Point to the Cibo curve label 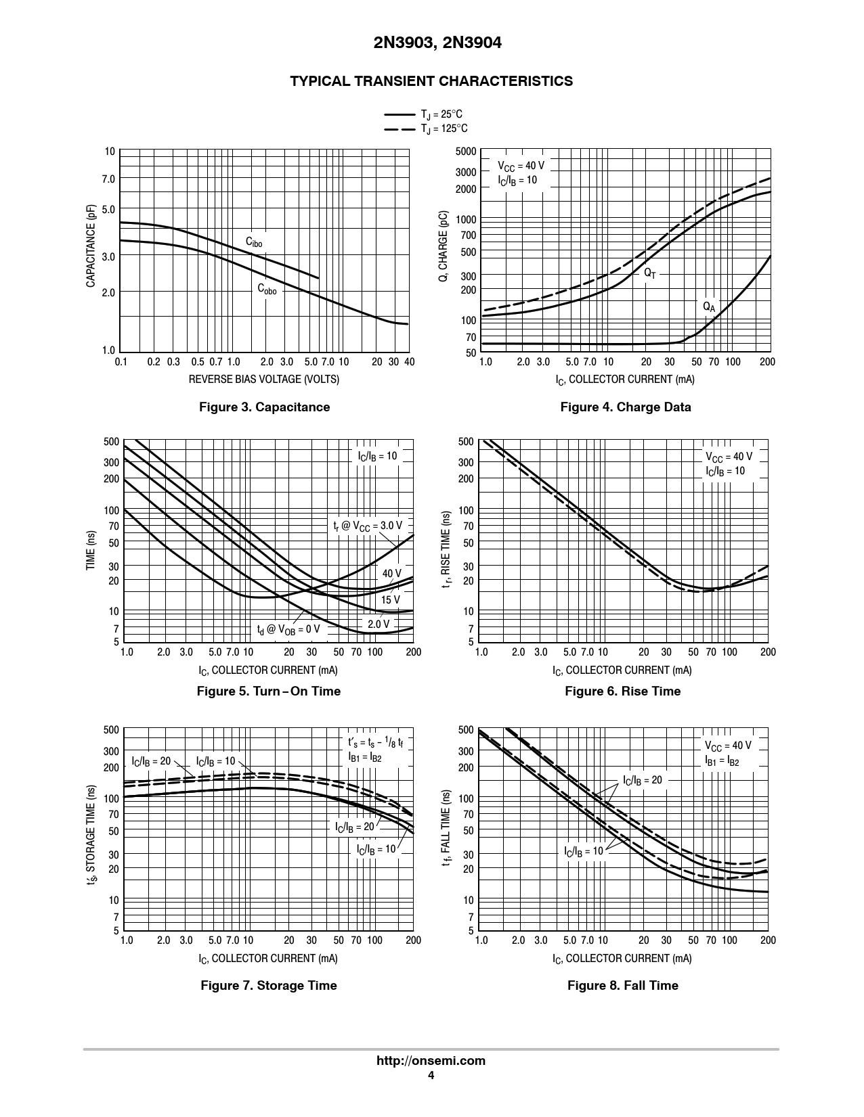(254, 242)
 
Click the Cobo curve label (267, 289)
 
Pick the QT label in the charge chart (649, 273)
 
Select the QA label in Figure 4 (708, 306)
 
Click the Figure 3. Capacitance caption (264, 407)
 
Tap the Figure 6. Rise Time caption (622, 691)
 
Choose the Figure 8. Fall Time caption (622, 985)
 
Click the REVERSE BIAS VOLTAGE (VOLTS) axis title (264, 379)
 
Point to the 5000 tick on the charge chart (466, 152)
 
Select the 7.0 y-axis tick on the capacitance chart (109, 179)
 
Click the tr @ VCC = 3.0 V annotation (367, 526)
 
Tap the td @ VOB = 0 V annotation (288, 629)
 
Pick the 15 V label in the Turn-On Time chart (390, 599)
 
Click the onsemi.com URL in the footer (431, 1060)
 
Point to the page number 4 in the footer (431, 1076)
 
